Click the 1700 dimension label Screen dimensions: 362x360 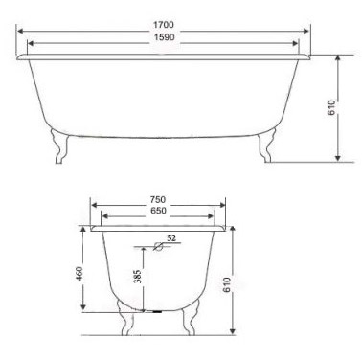pos(164,25)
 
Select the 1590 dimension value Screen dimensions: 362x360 pos(165,37)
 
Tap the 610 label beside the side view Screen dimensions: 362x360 pos(332,108)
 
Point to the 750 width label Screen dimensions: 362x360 pos(158,200)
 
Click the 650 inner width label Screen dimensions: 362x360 pos(158,211)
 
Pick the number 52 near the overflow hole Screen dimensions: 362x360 pos(171,238)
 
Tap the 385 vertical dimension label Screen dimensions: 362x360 pos(137,277)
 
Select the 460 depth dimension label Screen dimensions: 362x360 pos(79,274)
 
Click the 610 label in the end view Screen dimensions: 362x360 pos(226,285)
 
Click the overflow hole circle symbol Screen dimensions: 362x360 pos(158,246)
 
